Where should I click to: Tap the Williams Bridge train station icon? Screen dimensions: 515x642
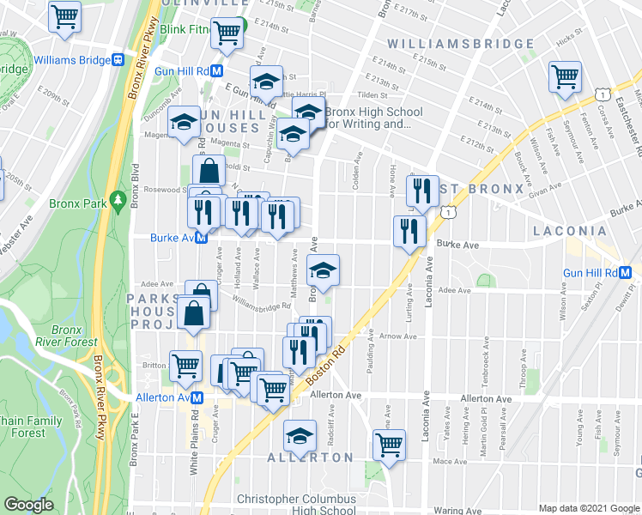pyautogui.click(x=118, y=60)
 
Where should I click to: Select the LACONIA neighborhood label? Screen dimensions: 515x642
pyautogui.click(x=570, y=231)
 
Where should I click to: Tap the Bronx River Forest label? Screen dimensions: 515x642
pyautogui.click(x=74, y=336)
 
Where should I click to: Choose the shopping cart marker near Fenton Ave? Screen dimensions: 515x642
pyautogui.click(x=566, y=76)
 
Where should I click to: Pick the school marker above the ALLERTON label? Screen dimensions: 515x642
pyautogui.click(x=300, y=435)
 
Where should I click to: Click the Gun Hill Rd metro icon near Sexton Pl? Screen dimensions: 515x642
pyautogui.click(x=626, y=272)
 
